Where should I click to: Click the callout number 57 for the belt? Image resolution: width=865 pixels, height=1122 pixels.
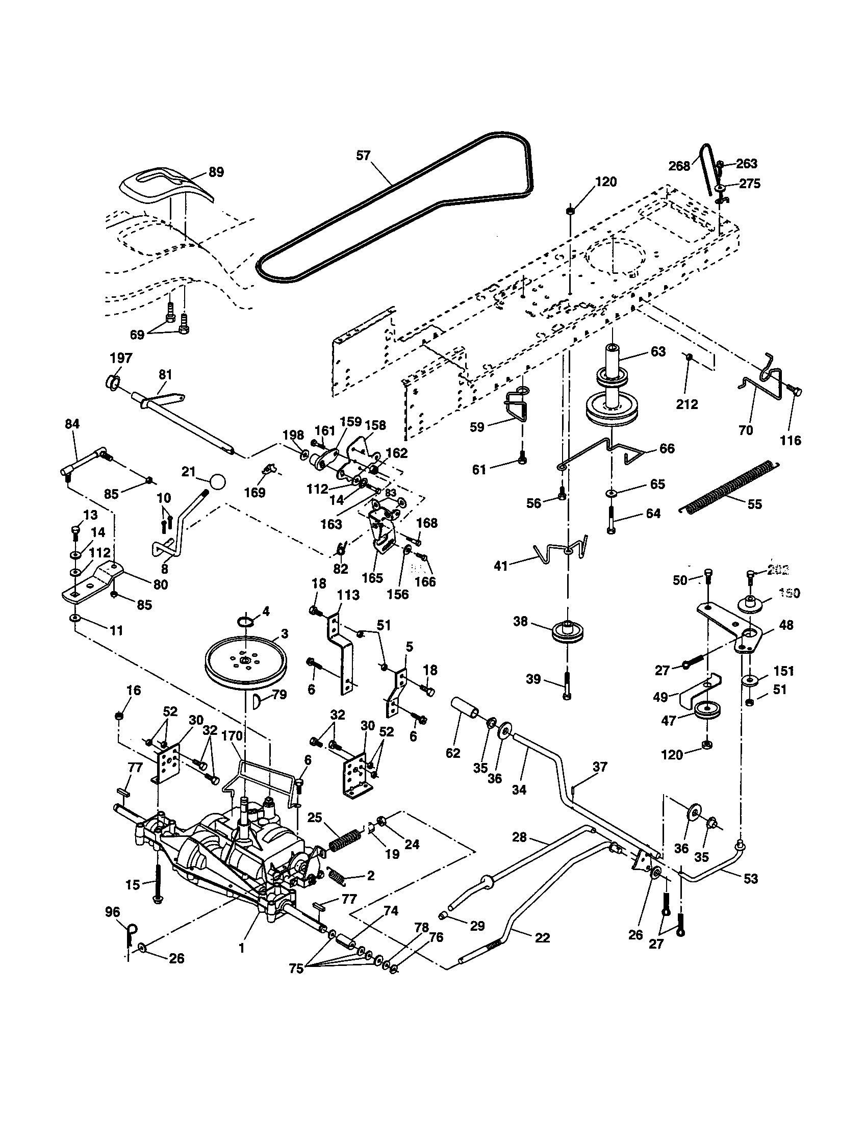[x=363, y=155]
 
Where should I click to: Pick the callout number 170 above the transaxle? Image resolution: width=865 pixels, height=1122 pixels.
[x=231, y=736]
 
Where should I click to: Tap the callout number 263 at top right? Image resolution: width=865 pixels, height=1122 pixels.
[x=746, y=163]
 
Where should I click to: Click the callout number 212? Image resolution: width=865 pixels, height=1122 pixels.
[x=688, y=404]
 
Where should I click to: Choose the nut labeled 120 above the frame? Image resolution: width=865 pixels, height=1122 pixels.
[x=570, y=211]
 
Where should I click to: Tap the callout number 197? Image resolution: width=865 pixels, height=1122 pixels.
[x=121, y=358]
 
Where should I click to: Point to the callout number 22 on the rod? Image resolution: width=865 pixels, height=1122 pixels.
[x=543, y=937]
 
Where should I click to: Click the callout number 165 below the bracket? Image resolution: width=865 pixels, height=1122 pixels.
[x=372, y=577]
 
